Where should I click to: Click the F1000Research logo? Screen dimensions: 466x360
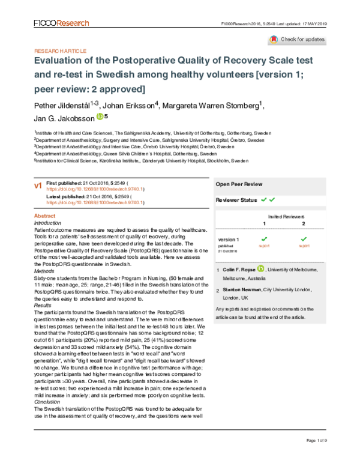(58, 23)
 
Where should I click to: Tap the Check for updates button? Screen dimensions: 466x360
(297, 40)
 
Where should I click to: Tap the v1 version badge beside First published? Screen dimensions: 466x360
(38, 187)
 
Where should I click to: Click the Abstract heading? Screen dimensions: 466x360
(45, 216)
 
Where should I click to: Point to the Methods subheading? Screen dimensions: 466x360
(45, 271)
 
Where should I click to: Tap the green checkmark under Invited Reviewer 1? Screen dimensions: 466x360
(264, 239)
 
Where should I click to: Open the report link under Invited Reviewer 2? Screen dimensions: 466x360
(304, 246)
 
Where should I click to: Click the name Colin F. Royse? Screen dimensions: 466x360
(240, 271)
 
